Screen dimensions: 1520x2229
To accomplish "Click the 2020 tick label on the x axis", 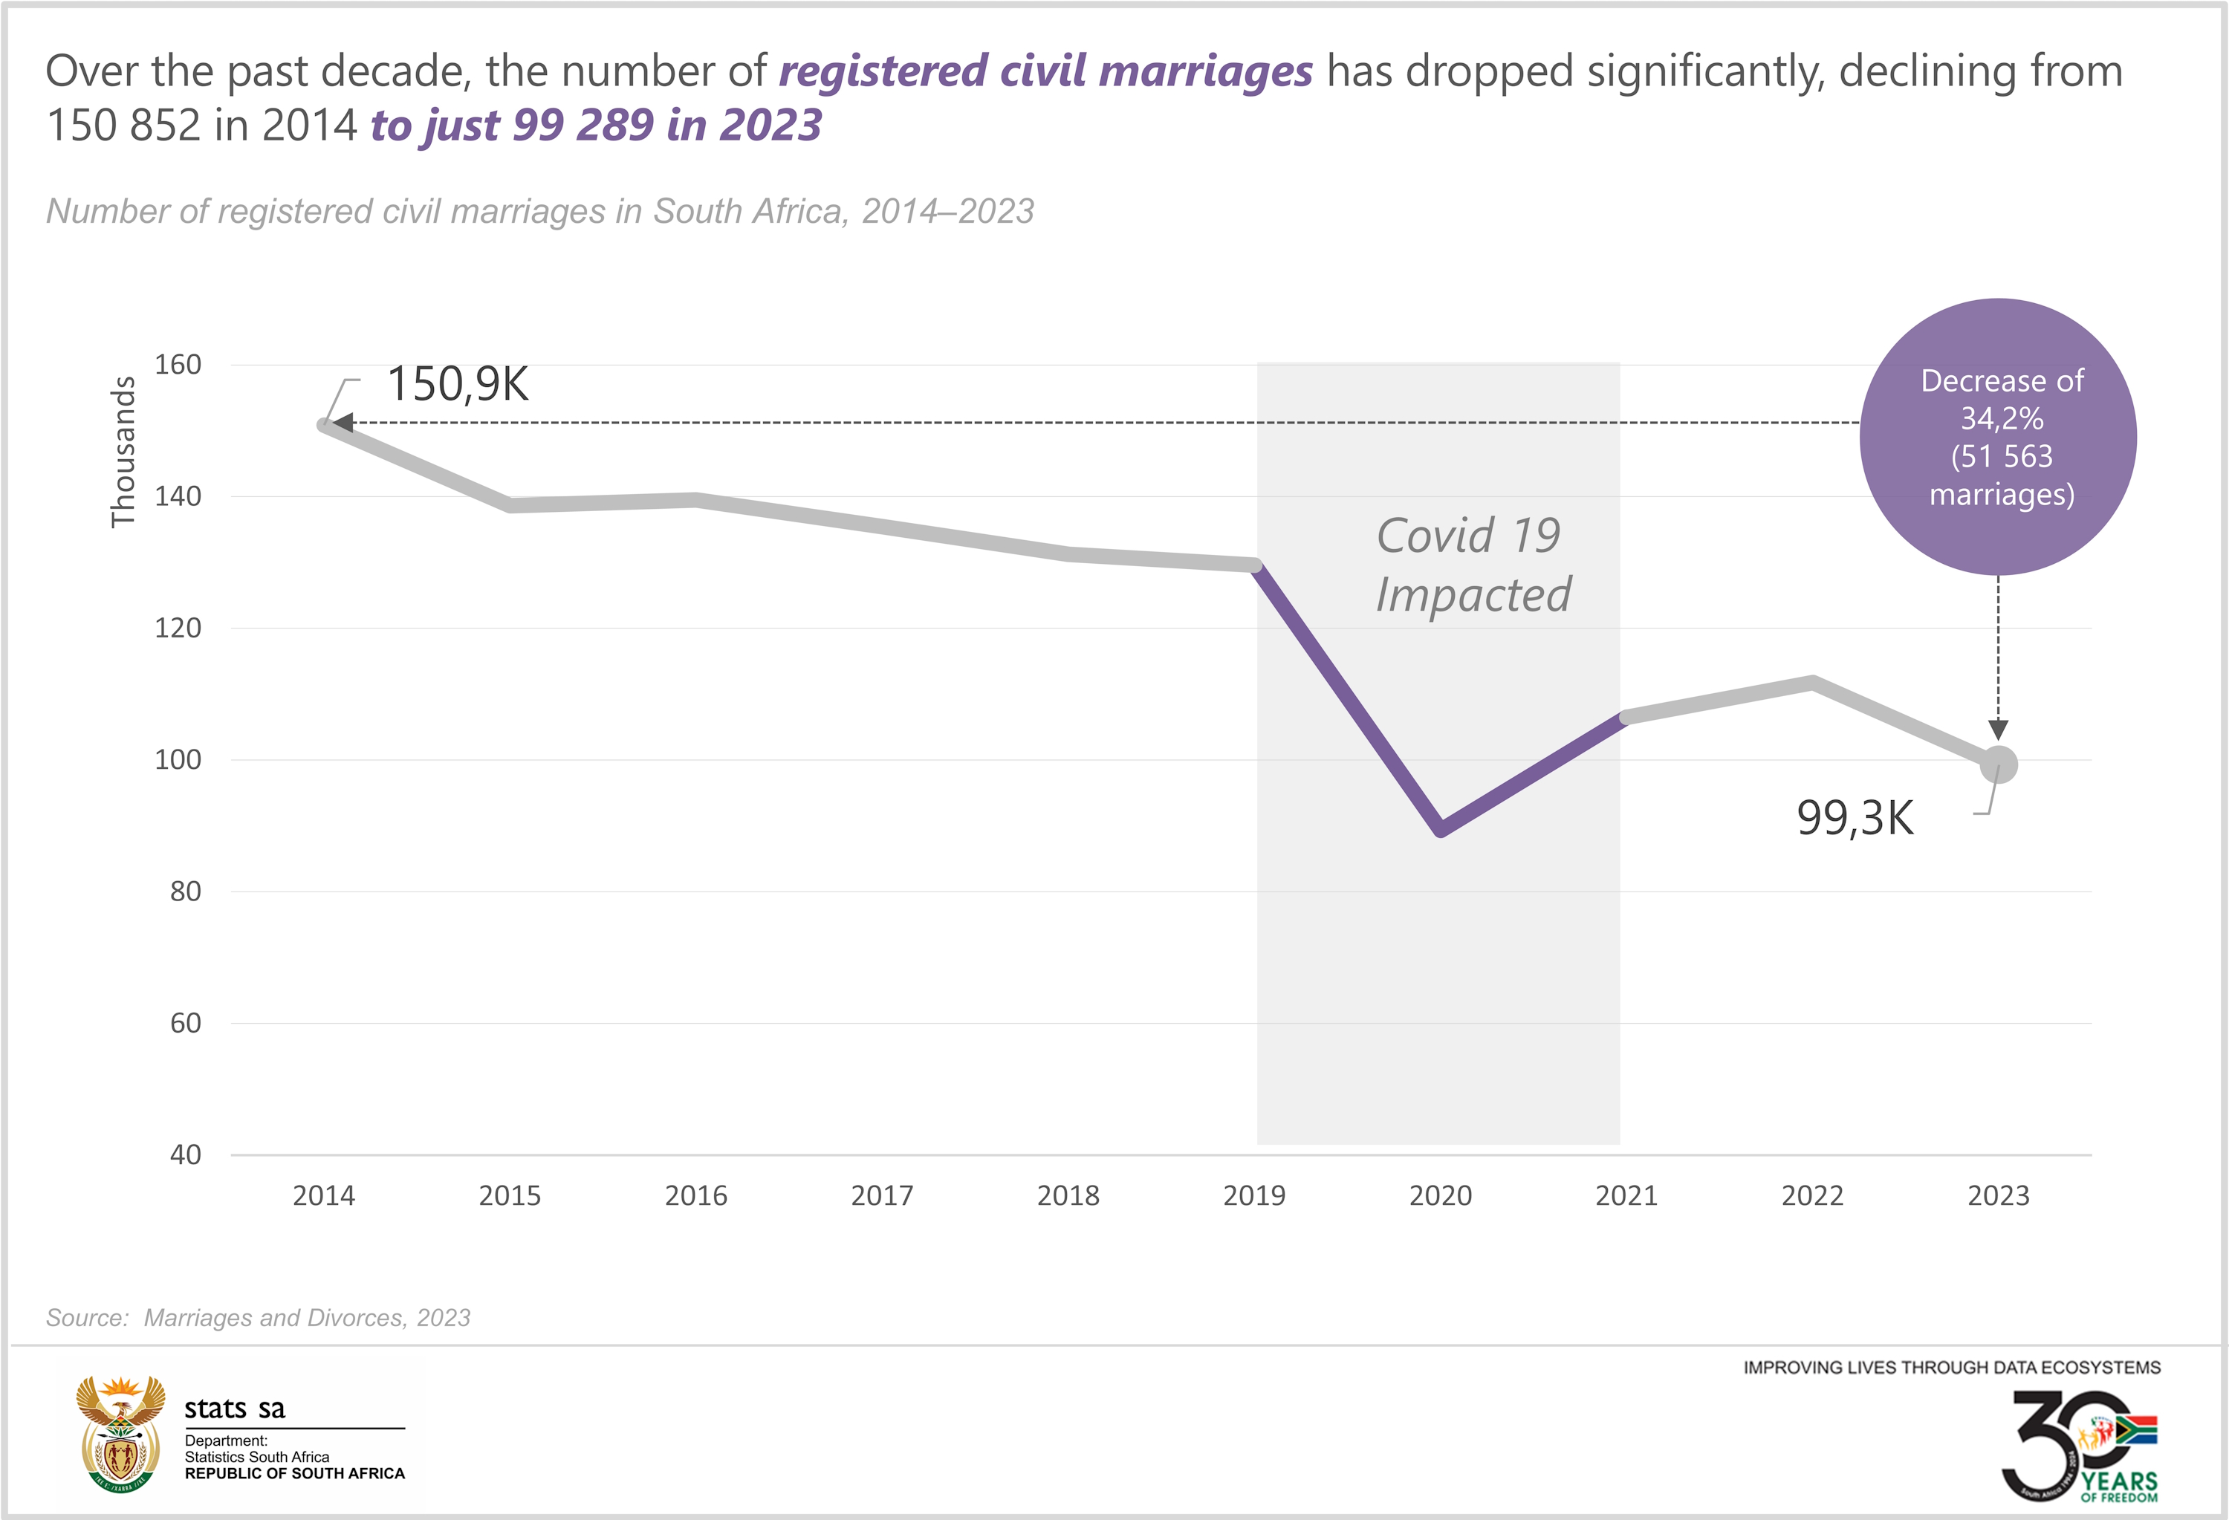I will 1440,1196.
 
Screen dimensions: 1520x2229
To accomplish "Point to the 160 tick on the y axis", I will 178,365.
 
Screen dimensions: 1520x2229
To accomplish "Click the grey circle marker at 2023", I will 1999,764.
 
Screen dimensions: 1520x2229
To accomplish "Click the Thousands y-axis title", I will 123,452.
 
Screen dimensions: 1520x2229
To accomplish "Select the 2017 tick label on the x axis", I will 881,1196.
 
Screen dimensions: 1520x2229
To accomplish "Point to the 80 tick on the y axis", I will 185,891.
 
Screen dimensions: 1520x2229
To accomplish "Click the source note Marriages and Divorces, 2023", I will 307,1318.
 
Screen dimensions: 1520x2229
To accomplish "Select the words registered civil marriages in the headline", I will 1045,71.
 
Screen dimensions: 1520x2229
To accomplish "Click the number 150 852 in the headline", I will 124,126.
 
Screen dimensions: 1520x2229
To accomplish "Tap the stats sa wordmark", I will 235,1408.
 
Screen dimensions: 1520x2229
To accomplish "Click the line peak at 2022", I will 1811,683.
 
